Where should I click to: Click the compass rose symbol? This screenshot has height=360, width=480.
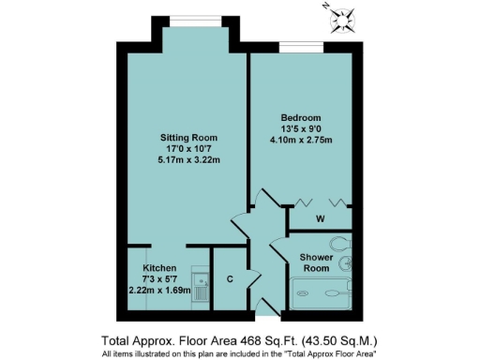pyautogui.click(x=344, y=20)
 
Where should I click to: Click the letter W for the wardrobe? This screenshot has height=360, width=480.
pyautogui.click(x=319, y=219)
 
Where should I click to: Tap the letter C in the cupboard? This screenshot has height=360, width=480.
pyautogui.click(x=228, y=278)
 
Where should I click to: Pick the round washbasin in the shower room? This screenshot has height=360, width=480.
pyautogui.click(x=348, y=265)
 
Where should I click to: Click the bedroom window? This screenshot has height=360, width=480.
pyautogui.click(x=302, y=45)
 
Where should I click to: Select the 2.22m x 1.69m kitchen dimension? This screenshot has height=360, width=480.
pyautogui.click(x=159, y=291)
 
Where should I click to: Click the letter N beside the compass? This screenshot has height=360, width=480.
pyautogui.click(x=324, y=7)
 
